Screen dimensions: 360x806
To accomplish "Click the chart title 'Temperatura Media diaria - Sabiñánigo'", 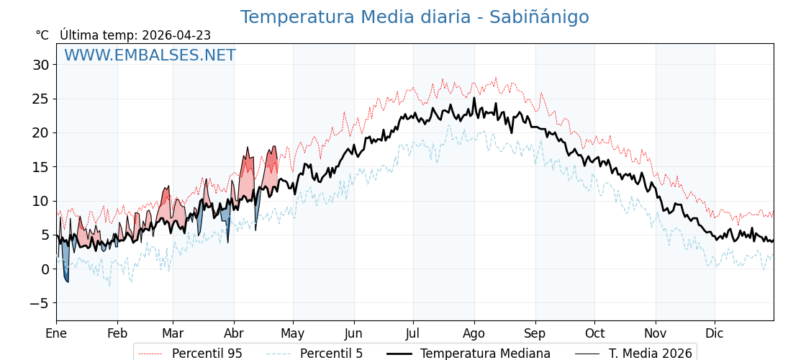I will tap(414, 17).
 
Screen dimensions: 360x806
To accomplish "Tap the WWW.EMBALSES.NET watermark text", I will tap(150, 55).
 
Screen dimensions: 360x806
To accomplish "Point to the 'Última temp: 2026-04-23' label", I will tap(135, 35).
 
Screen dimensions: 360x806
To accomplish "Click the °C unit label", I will tap(42, 35).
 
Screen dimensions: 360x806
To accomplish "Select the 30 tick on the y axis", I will tap(40, 65).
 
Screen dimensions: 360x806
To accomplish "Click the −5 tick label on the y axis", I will tap(40, 303).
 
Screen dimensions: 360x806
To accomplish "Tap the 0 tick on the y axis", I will tap(45, 269).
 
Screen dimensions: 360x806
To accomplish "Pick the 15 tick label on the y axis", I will tap(40, 167).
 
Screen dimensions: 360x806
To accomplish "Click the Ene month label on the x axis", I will tap(56, 333).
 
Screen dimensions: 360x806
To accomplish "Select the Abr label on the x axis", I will tap(234, 333).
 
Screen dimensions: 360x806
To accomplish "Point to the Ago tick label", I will tap(474, 333).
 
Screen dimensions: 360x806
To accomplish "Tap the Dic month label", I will tap(715, 333).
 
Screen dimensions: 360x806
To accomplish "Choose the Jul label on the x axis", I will tap(413, 333).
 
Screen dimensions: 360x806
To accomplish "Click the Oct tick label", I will tap(594, 333).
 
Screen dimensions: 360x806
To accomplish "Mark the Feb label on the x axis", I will tap(117, 333).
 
